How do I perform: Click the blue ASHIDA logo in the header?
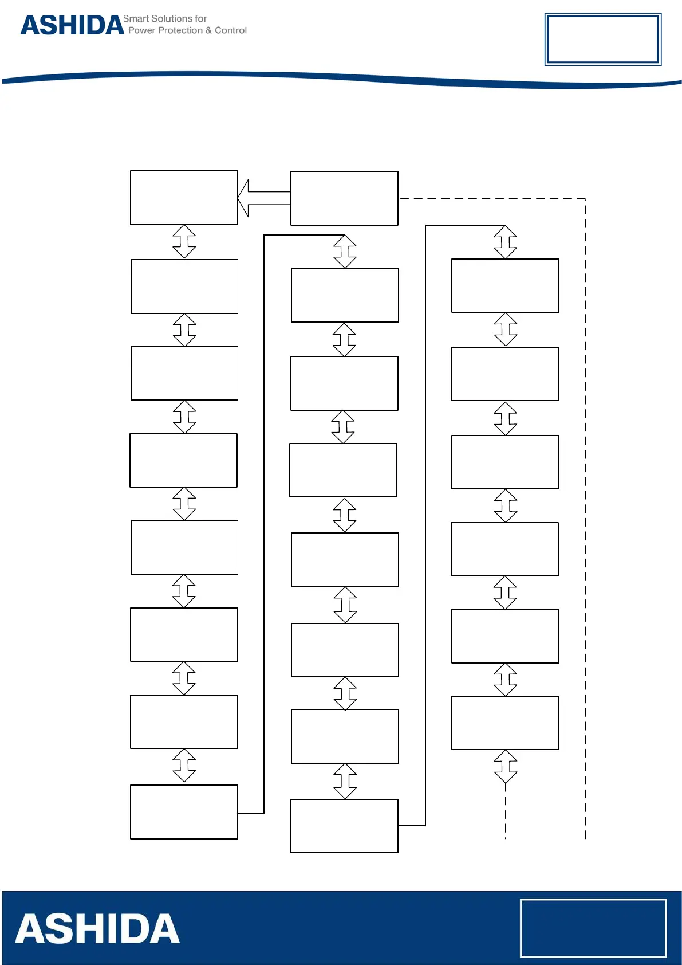(72, 25)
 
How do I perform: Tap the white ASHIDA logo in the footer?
(97, 929)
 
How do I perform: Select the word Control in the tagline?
(231, 30)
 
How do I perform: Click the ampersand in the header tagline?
(208, 30)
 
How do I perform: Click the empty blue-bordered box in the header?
(602, 40)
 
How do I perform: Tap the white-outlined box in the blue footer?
(593, 928)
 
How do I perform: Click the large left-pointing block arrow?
(264, 198)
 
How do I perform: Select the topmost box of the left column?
(184, 198)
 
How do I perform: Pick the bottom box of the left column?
(184, 811)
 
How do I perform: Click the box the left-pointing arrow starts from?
(344, 198)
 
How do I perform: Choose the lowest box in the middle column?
(344, 826)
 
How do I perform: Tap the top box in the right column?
(505, 285)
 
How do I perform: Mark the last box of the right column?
(505, 723)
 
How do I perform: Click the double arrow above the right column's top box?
(505, 242)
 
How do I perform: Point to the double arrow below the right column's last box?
(505, 767)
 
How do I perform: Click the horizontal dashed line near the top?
(492, 198)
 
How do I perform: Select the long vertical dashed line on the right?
(586, 516)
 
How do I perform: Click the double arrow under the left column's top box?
(184, 242)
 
